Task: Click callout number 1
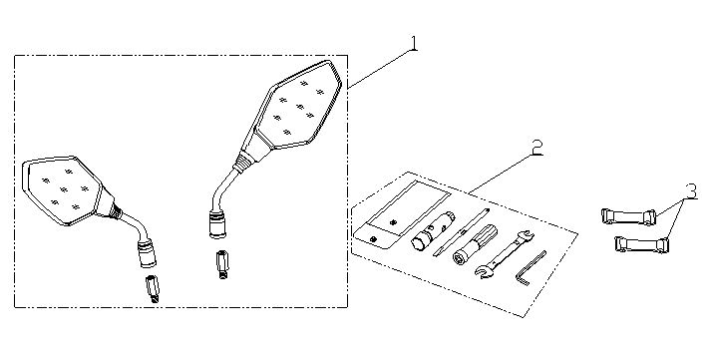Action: (x=413, y=44)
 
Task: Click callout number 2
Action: (x=536, y=147)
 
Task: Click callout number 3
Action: (x=691, y=191)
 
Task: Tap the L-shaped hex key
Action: (x=531, y=268)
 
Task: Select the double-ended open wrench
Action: (x=505, y=253)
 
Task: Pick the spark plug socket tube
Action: (x=433, y=230)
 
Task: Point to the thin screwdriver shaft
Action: (x=462, y=232)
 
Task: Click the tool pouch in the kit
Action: (x=402, y=214)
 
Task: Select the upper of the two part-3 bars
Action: (x=628, y=216)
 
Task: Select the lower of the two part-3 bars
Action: (x=641, y=244)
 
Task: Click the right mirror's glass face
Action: (x=297, y=107)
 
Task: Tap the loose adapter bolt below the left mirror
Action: (x=153, y=289)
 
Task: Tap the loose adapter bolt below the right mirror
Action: (x=222, y=264)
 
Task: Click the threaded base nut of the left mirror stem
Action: (x=148, y=253)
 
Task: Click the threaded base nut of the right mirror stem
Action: (x=217, y=224)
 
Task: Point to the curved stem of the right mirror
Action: (x=223, y=189)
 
